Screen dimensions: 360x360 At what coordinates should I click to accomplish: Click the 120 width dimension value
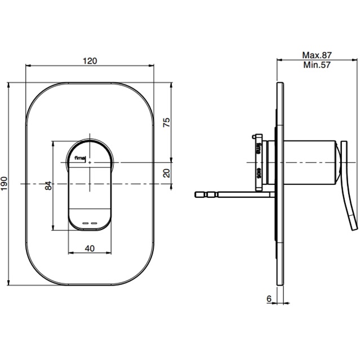(90, 60)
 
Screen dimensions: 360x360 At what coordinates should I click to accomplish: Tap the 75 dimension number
(166, 122)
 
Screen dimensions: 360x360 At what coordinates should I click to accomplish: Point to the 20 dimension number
(166, 173)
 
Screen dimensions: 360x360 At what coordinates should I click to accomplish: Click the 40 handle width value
(90, 247)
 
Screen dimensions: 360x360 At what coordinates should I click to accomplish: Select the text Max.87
(317, 55)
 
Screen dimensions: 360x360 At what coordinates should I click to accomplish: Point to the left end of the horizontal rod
(197, 195)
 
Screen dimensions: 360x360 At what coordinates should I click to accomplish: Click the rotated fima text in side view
(258, 150)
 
